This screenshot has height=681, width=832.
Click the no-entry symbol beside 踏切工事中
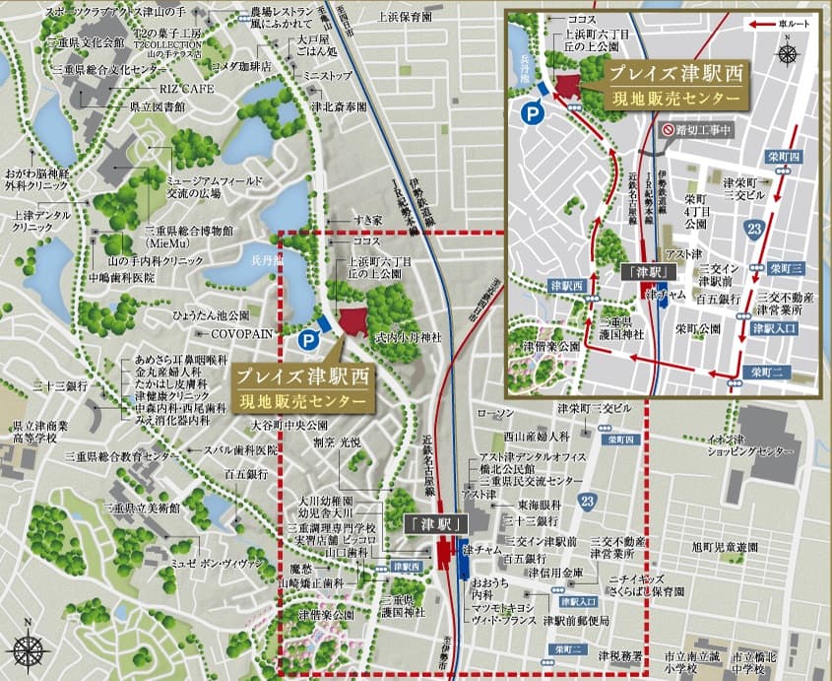click(668, 129)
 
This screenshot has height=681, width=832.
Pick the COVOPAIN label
click(240, 334)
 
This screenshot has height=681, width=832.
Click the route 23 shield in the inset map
click(755, 229)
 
